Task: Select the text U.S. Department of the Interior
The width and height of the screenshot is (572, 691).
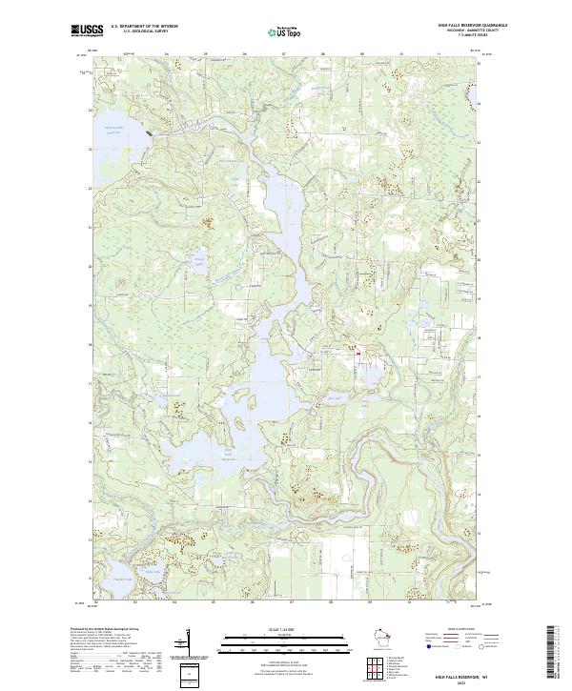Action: [x=144, y=26]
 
